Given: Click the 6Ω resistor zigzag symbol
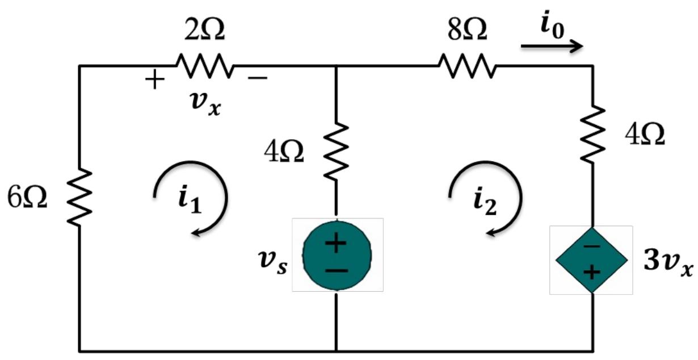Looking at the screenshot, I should point(80,196).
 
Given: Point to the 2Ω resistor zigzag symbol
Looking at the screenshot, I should point(204,66).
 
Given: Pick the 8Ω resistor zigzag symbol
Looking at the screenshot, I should point(468,66).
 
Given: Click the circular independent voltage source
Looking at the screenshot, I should point(337,255).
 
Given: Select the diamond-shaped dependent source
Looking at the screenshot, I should point(592,259).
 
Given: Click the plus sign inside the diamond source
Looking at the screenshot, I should point(592,273).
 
